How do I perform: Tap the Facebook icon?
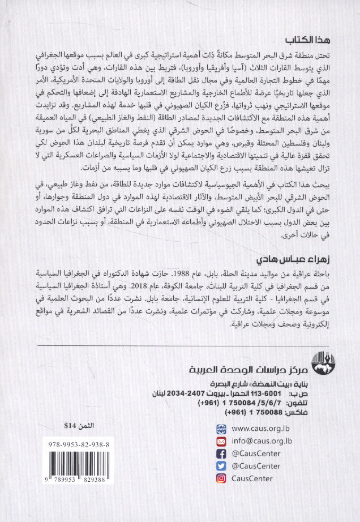(222, 453)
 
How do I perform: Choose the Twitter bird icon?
(222, 466)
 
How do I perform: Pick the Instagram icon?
(222, 478)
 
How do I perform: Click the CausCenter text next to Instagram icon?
(254, 478)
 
